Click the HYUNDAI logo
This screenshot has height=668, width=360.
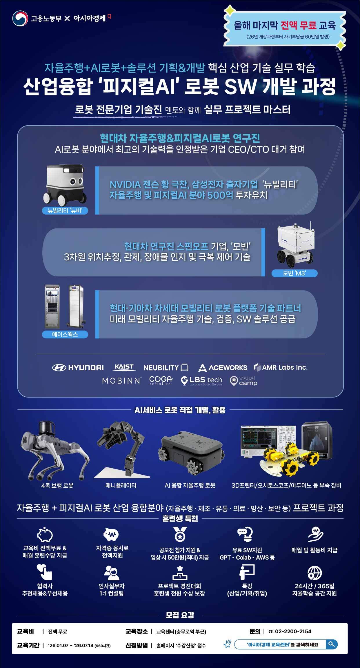click(x=78, y=368)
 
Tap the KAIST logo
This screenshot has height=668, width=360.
click(x=124, y=367)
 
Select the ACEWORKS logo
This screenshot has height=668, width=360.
click(x=223, y=368)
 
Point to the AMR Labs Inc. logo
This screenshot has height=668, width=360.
click(x=281, y=367)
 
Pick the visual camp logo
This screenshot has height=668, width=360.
click(x=243, y=381)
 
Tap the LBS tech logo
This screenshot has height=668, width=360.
click(x=201, y=380)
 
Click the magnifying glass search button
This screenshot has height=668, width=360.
click(x=332, y=644)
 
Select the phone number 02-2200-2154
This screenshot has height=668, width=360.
click(x=293, y=631)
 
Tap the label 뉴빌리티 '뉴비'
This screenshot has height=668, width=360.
click(x=65, y=210)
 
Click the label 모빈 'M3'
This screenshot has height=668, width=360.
click(x=294, y=273)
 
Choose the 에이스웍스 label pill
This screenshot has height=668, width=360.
click(x=65, y=334)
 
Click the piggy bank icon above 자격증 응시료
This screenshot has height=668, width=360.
click(x=111, y=534)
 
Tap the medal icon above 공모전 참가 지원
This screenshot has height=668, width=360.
click(x=180, y=534)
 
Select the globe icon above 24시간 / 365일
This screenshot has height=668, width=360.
click(x=314, y=573)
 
